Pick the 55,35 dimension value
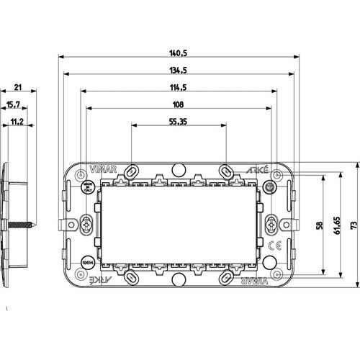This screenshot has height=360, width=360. pos(178,122)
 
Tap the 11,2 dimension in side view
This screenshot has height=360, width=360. pos(16,122)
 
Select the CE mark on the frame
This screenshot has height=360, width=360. pos(273,246)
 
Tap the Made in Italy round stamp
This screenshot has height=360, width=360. pos(87,189)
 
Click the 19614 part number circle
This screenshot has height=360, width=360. pos(87,262)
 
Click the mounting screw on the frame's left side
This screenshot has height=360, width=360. pos(87,225)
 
